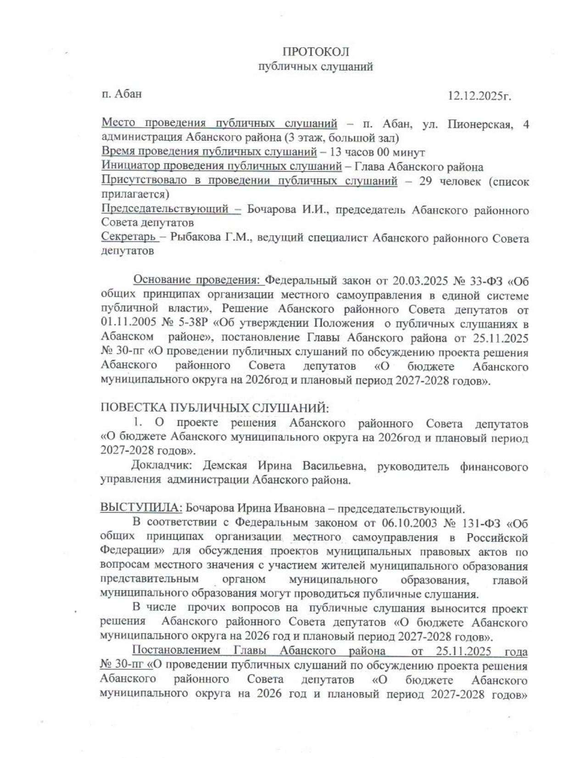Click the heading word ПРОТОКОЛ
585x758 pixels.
(x=316, y=51)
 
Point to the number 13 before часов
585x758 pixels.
(x=336, y=153)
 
